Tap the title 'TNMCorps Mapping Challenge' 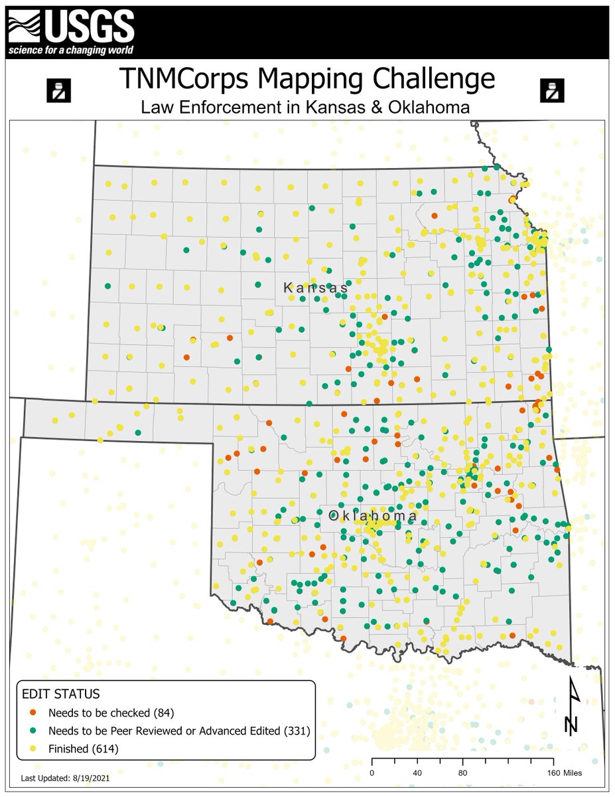[307, 79]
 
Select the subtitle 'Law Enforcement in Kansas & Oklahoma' [307, 107]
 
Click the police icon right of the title [550, 89]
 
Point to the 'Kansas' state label [315, 288]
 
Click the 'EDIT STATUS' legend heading [61, 694]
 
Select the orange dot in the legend [33, 713]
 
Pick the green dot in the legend [33, 731]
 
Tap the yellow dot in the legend [33, 749]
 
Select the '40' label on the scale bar [417, 772]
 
